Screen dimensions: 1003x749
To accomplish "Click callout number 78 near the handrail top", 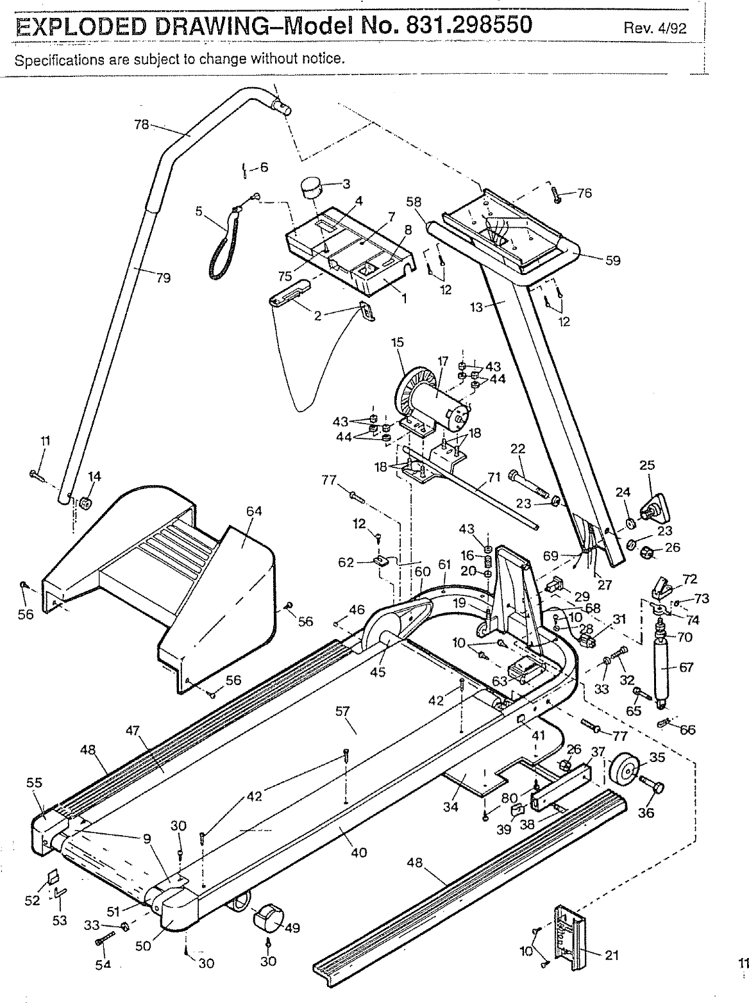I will click(x=141, y=125).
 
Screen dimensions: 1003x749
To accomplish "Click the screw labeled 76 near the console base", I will click(x=557, y=195).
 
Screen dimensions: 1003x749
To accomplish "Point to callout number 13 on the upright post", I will click(x=476, y=307).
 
